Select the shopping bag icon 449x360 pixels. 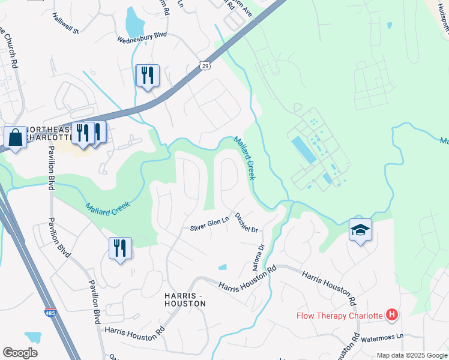point(15,137)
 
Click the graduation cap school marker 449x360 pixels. point(360,230)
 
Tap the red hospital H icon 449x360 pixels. point(392,314)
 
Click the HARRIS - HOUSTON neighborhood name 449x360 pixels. point(185,299)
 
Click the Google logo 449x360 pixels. point(20,353)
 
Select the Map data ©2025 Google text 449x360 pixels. point(411,355)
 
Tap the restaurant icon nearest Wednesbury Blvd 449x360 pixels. point(148,76)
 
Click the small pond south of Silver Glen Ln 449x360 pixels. point(223,267)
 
